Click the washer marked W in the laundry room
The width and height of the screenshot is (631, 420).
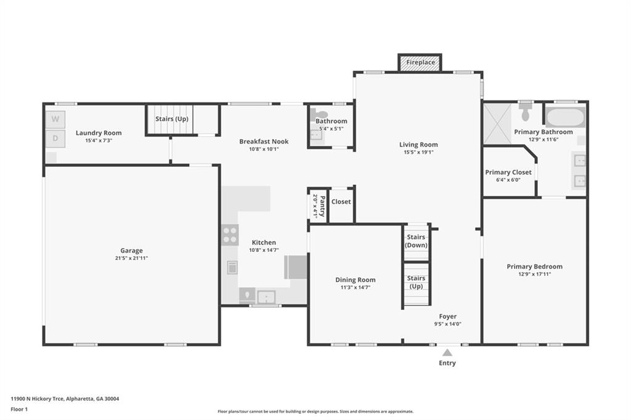tap(55, 119)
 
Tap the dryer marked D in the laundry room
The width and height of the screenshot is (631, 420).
tap(55, 139)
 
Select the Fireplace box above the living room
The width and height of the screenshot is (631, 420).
tap(420, 62)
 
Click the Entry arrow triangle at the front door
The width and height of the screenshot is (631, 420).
tap(447, 353)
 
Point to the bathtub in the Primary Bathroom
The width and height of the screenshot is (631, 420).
tap(565, 116)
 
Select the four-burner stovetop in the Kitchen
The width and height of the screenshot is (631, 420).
tap(230, 235)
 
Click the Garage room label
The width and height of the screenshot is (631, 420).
tap(132, 250)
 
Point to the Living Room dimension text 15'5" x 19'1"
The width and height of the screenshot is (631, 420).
tap(418, 153)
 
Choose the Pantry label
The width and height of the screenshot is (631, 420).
tap(322, 206)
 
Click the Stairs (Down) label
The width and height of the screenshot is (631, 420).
tap(416, 241)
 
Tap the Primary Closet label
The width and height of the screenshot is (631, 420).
tap(508, 172)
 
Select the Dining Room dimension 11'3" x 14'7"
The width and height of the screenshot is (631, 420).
tap(356, 288)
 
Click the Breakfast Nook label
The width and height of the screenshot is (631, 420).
tap(264, 141)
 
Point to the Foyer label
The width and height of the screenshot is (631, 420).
tap(447, 316)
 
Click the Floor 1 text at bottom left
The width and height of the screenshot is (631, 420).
tap(19, 410)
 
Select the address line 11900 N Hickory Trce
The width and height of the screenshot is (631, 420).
tap(65, 399)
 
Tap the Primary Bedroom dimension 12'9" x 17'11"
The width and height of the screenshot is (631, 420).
tap(534, 275)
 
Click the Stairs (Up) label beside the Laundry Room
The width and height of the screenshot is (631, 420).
tap(172, 119)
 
